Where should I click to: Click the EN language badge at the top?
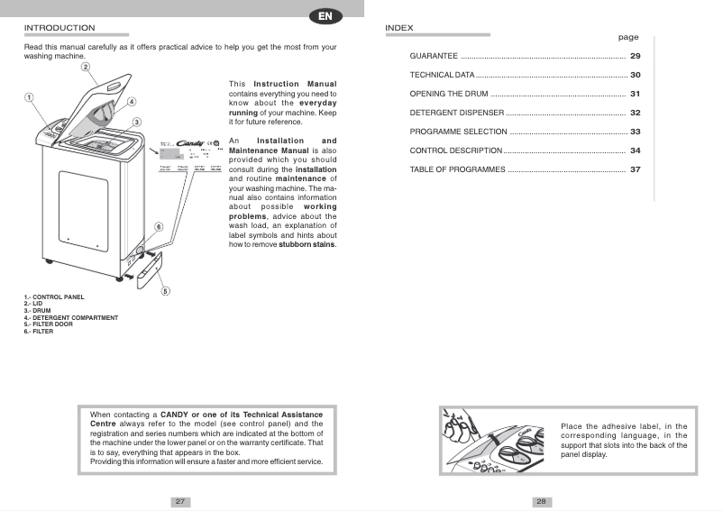(x=325, y=16)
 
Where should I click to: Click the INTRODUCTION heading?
(x=59, y=28)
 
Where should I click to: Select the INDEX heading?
(x=398, y=28)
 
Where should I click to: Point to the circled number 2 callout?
(x=85, y=67)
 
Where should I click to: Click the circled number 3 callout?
(x=137, y=122)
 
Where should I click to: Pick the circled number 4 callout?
(x=132, y=102)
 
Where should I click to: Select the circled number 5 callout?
(x=165, y=290)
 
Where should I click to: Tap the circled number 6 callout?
(x=159, y=227)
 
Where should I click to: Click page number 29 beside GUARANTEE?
(x=635, y=57)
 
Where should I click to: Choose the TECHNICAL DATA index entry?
(x=442, y=75)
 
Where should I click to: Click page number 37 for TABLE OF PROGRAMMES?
(x=635, y=169)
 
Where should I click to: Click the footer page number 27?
(x=180, y=501)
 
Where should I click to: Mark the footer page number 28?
(x=541, y=501)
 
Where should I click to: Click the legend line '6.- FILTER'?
(x=39, y=332)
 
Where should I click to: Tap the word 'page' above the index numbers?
(x=627, y=38)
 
